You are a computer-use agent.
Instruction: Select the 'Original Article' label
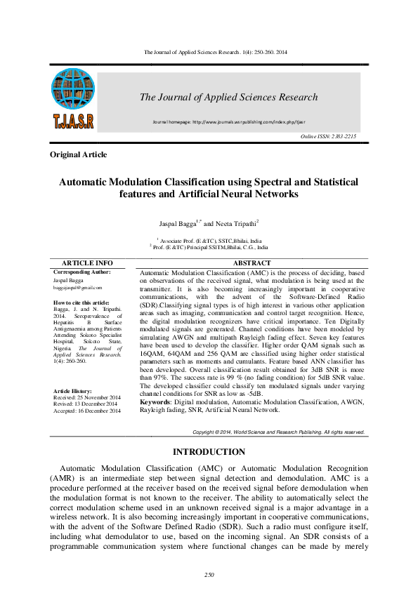[79, 154]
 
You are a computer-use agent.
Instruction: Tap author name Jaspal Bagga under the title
[177, 223]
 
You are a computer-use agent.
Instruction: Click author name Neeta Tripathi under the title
[235, 223]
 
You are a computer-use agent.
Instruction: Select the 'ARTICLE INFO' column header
[88, 263]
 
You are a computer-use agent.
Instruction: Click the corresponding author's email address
[78, 287]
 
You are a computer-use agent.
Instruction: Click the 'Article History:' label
[72, 390]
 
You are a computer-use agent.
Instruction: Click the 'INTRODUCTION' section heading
[209, 452]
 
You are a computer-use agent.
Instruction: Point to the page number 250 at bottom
[209, 575]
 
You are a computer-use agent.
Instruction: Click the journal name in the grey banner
[228, 98]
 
